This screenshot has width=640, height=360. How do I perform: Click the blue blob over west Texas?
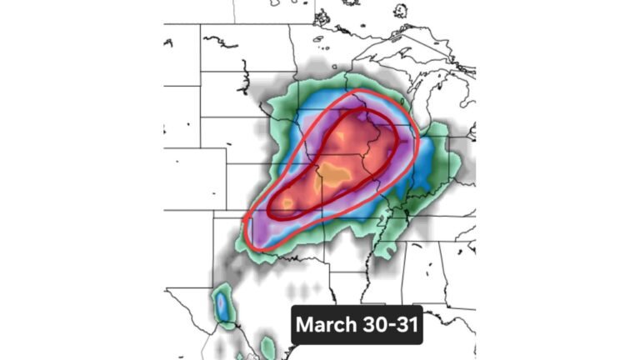[x=222, y=305]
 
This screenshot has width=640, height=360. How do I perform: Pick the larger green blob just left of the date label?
[x=267, y=345]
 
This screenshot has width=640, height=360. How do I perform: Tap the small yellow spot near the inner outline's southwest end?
[x=287, y=202]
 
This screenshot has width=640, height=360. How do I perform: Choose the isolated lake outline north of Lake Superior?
[x=401, y=11]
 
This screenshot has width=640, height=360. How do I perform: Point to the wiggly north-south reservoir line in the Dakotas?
[x=244, y=80]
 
